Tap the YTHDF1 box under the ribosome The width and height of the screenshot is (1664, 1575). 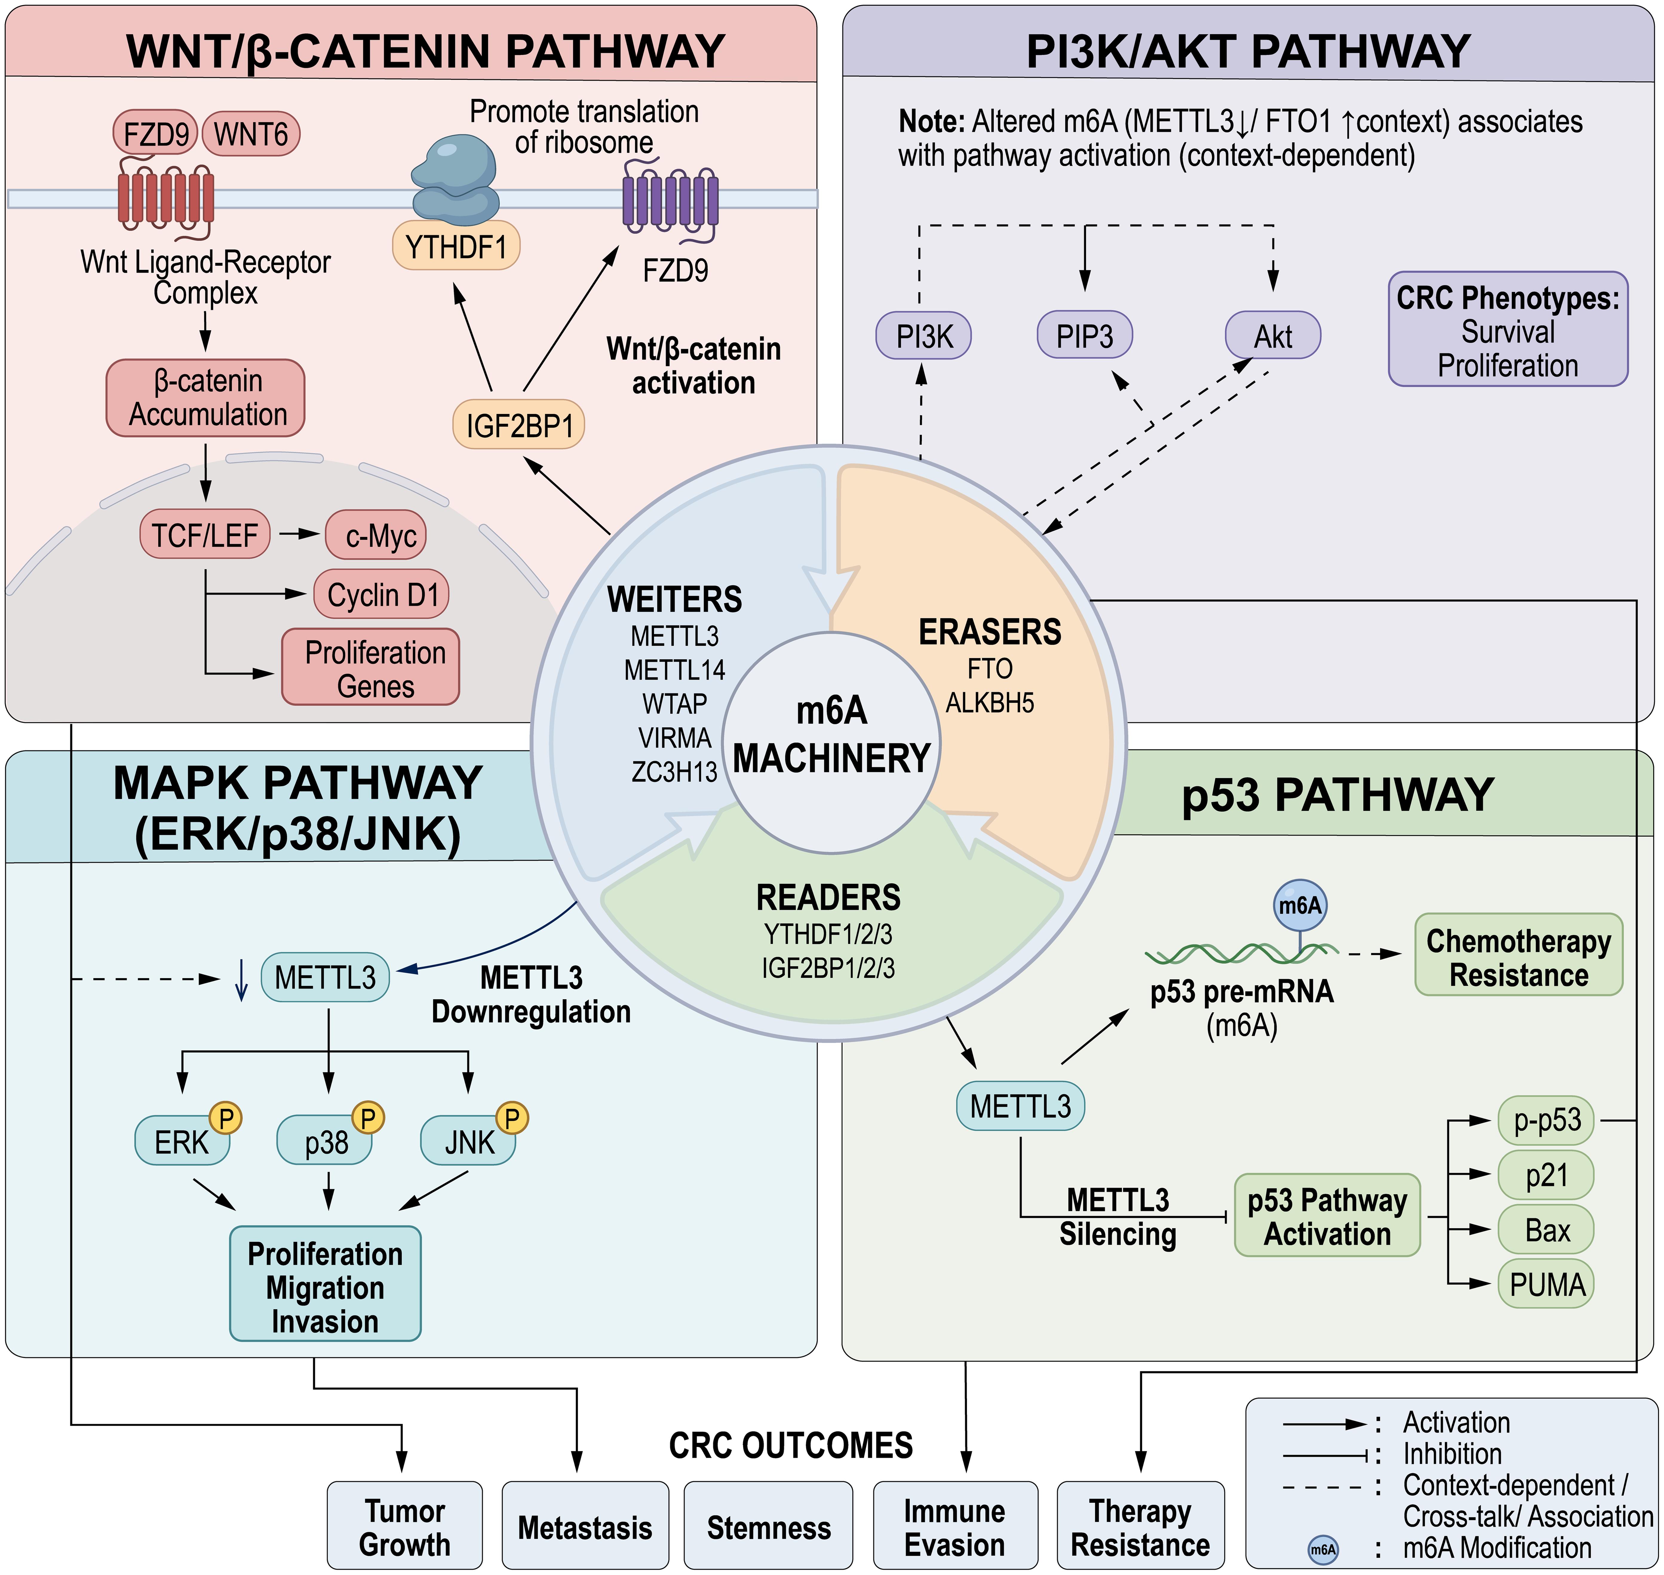[x=456, y=247]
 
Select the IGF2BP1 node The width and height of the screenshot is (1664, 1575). [x=519, y=425]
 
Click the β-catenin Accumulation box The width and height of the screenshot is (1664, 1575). [x=206, y=398]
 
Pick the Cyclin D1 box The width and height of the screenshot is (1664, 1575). [x=382, y=594]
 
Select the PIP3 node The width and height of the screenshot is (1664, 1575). [x=1085, y=336]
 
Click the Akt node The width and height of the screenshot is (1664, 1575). [x=1273, y=336]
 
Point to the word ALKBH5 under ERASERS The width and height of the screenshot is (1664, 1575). [x=990, y=703]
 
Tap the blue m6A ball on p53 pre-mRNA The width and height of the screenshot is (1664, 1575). [x=1300, y=905]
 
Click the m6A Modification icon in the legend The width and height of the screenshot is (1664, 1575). [x=1323, y=1549]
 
